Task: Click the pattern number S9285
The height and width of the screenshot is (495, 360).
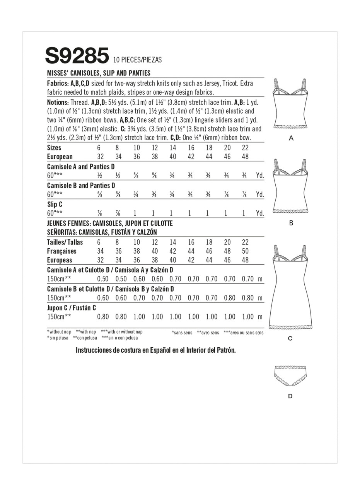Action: point(77,56)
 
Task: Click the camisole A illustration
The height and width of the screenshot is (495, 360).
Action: point(291,106)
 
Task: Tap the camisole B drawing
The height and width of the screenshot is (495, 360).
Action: point(291,188)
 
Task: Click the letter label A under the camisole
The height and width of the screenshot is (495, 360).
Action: point(291,138)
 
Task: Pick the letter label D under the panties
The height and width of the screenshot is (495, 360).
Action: point(290,396)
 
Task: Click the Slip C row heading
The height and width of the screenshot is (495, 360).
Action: point(55,204)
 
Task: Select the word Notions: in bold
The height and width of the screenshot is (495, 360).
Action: point(58,102)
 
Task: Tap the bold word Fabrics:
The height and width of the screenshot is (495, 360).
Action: point(58,83)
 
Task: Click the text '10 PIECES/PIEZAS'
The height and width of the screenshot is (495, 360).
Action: point(137,60)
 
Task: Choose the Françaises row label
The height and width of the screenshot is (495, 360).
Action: point(61,251)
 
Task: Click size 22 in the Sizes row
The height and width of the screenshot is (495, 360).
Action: point(245,148)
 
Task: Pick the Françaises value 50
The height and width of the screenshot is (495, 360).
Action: point(245,251)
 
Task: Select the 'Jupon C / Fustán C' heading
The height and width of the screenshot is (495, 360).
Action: point(72,308)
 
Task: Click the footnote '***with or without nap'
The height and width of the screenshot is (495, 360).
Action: point(121,332)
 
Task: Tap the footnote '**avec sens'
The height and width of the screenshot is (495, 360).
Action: point(208,333)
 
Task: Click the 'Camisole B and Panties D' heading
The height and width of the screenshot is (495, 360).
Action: point(81,186)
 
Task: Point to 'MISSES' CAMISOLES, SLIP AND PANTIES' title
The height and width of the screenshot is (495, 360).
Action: point(99,73)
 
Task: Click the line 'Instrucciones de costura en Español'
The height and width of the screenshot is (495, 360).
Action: point(155,350)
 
